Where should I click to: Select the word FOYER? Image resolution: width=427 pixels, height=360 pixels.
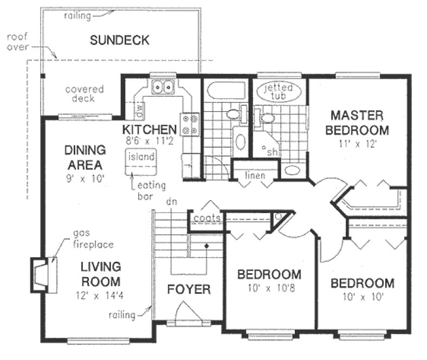pyautogui.click(x=188, y=290)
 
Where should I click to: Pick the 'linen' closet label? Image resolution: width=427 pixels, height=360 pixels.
pyautogui.click(x=254, y=175)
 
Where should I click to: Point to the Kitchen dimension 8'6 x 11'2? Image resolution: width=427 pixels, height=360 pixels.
pyautogui.click(x=149, y=141)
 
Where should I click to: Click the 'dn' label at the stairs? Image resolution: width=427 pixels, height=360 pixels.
pyautogui.click(x=172, y=202)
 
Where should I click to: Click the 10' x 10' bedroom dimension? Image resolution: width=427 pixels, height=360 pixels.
pyautogui.click(x=362, y=297)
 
